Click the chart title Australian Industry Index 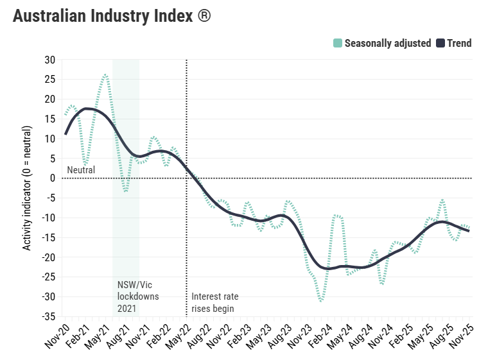point(103,17)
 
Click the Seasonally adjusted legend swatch point(338,44)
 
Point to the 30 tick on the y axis point(50,60)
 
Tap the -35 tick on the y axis point(48,317)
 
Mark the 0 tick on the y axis point(53,178)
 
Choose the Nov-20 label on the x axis point(57,335)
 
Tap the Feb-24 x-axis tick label point(320,335)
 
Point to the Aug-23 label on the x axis point(280,335)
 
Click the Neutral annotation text point(81,170)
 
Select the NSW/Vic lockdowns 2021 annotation point(137,296)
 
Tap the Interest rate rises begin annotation point(215,302)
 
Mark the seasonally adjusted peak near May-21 point(105,75)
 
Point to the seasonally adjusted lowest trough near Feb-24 point(320,300)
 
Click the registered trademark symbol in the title point(204,16)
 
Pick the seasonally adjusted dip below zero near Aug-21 point(126,191)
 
